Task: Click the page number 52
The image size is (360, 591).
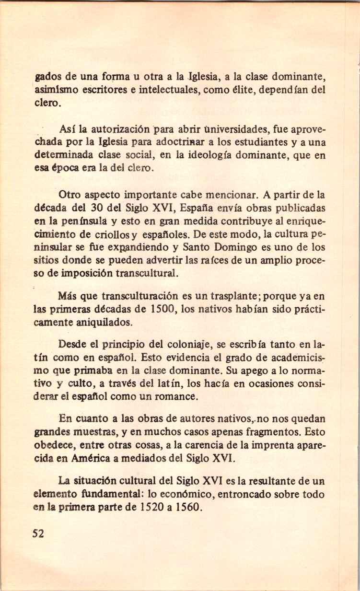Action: (38, 533)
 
